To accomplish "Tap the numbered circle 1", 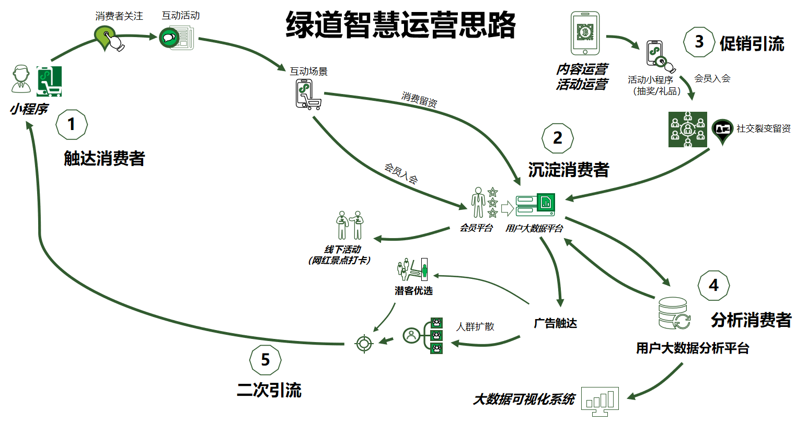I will click(x=71, y=124).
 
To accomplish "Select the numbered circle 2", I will click(x=558, y=138).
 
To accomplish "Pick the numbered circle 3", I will click(x=699, y=42).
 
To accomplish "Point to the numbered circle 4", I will click(x=713, y=286).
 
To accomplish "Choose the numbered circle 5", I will click(x=265, y=360).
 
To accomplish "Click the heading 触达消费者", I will click(x=104, y=158).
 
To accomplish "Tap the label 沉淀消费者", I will click(x=568, y=170).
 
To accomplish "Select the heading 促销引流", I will click(x=752, y=44).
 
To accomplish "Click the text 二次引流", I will click(x=269, y=390).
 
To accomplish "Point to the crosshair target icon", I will click(x=364, y=343).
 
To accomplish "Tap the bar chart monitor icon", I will click(x=600, y=401).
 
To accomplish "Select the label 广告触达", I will click(x=555, y=323).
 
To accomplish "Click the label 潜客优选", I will click(x=413, y=291).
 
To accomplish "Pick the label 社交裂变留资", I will click(x=763, y=128).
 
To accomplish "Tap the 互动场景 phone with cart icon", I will click(x=307, y=94).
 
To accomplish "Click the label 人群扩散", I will click(x=475, y=326).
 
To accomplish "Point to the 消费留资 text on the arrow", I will click(x=419, y=99).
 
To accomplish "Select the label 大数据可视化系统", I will click(x=524, y=399).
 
